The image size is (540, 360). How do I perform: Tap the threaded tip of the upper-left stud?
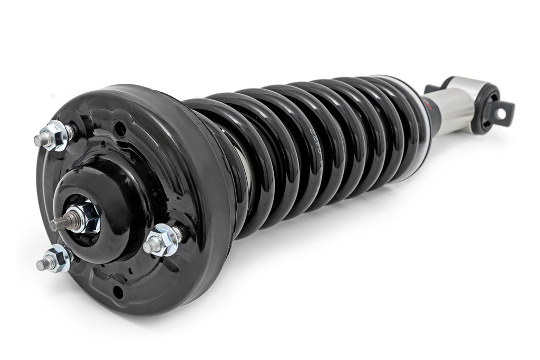click(x=38, y=141)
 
